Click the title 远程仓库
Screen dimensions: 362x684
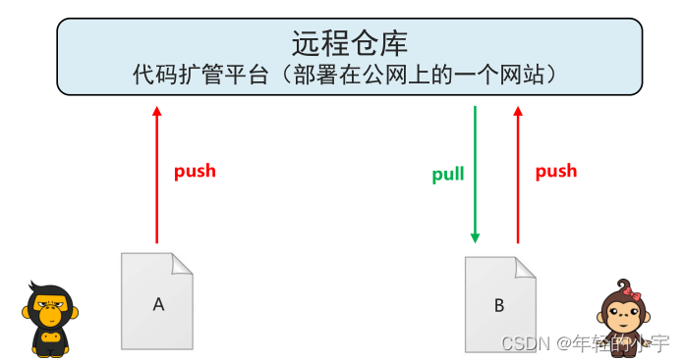coord(349,44)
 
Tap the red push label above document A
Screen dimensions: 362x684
coord(195,171)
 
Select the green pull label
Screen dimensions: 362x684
coord(448,176)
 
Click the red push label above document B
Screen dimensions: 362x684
coord(555,171)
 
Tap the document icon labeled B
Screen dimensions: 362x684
coord(500,303)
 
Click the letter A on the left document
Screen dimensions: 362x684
coord(157,304)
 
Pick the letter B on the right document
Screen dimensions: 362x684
coord(499,305)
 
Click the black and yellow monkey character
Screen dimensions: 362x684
coord(50,319)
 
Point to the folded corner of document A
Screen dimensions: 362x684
coord(182,264)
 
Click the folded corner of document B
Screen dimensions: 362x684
coord(526,266)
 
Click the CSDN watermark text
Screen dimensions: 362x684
coord(586,343)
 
